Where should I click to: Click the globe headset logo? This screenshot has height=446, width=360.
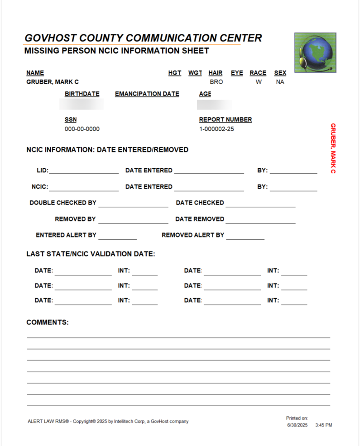[315, 52]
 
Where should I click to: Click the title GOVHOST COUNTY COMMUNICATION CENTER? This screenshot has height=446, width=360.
[143, 38]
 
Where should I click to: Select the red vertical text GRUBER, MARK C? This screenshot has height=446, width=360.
[333, 148]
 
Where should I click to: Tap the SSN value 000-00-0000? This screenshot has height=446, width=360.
[82, 129]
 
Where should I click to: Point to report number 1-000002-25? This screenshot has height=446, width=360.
[216, 129]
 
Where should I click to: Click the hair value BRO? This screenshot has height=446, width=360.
[216, 82]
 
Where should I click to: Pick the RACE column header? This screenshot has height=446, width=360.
[258, 73]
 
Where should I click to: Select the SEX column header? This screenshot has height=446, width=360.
[280, 73]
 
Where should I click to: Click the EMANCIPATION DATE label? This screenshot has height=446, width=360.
[147, 94]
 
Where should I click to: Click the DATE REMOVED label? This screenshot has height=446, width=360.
[200, 219]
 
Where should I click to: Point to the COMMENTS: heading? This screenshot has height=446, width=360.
[48, 323]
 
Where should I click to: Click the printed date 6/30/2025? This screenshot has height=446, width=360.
[297, 425]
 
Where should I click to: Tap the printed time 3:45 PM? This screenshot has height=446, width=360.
[323, 425]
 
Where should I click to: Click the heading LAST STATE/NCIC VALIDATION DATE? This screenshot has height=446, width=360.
[91, 254]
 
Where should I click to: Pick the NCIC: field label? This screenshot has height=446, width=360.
[40, 187]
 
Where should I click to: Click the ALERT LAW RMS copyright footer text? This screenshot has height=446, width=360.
[108, 422]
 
